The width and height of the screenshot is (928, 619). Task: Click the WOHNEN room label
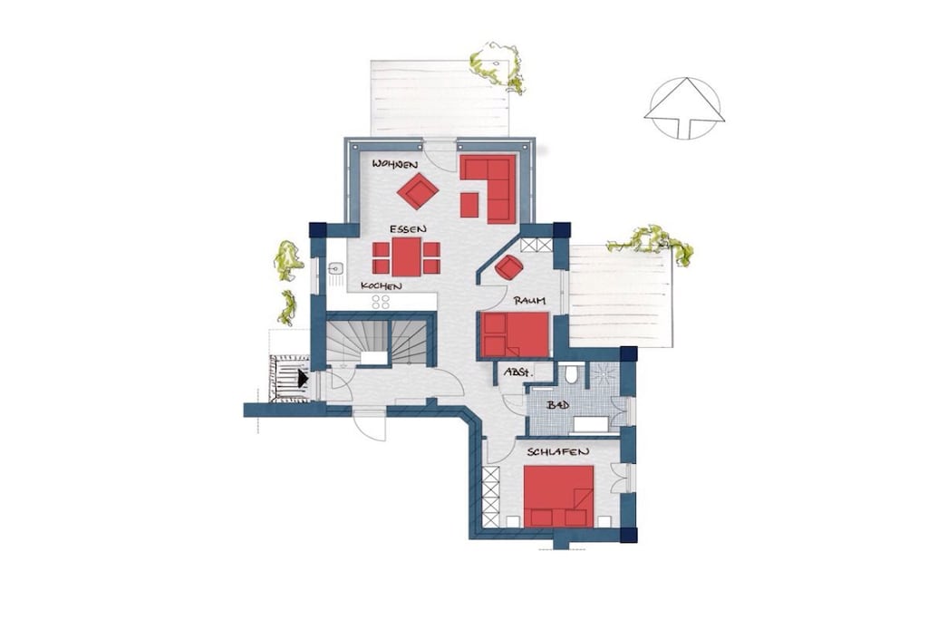pos(395,165)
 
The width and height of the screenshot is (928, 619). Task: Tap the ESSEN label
pos(408,228)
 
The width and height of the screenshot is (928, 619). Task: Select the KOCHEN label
pos(382,286)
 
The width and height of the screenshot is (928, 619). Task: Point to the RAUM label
pos(529,301)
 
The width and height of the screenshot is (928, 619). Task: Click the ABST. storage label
pos(518,372)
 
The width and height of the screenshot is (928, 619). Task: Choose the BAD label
pos(557,405)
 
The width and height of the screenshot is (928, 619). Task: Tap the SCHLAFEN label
pos(558,452)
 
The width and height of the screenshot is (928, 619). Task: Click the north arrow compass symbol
pos(684,108)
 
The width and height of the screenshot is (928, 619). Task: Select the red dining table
pos(406,256)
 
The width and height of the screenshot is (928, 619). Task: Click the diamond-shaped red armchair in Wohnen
pos(418,190)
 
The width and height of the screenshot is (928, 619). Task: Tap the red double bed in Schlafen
pos(558,496)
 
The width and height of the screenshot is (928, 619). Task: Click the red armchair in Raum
pos(508,266)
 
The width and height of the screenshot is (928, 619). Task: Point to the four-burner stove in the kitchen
pos(381,302)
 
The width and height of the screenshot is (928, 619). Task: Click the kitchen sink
pos(335,270)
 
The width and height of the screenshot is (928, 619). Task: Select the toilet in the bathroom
pos(571,374)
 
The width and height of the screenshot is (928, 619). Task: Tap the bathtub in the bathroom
pos(592,424)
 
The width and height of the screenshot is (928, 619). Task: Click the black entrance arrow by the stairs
pos(303,378)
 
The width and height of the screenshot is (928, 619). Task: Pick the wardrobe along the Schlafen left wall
pos(490,497)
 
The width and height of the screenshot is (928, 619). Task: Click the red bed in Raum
pos(515,335)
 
